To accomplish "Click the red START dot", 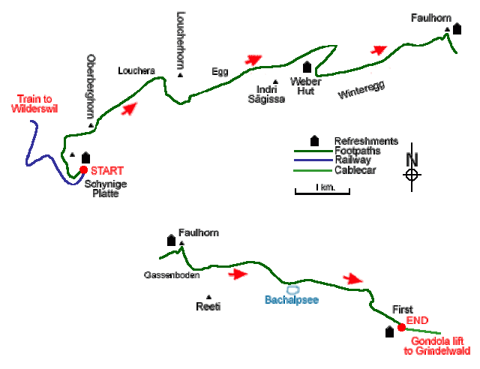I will tap(83, 169).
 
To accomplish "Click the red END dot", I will tap(401, 325).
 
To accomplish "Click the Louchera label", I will tap(136, 71).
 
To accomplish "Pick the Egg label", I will tap(220, 72).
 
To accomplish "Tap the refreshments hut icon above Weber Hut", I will tap(307, 67).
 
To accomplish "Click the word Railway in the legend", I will tap(352, 160).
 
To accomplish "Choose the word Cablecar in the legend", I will tap(355, 170).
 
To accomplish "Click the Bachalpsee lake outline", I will tap(292, 289).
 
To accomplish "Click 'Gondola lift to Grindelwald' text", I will tap(441, 346).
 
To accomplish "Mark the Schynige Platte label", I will tap(101, 188).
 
